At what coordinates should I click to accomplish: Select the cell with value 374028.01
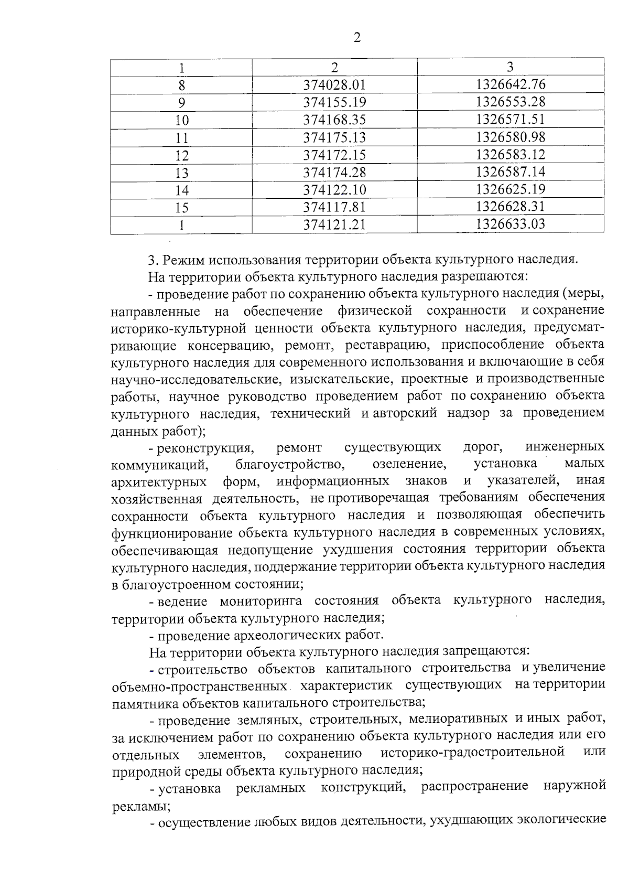pyautogui.click(x=334, y=84)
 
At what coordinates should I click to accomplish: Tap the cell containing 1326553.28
pyautogui.click(x=511, y=102)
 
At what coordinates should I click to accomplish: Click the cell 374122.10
pyautogui.click(x=334, y=190)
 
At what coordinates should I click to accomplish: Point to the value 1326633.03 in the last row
pyautogui.click(x=511, y=224)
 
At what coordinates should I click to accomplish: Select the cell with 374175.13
pyautogui.click(x=334, y=137)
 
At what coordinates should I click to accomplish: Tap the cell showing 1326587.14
pyautogui.click(x=511, y=172)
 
